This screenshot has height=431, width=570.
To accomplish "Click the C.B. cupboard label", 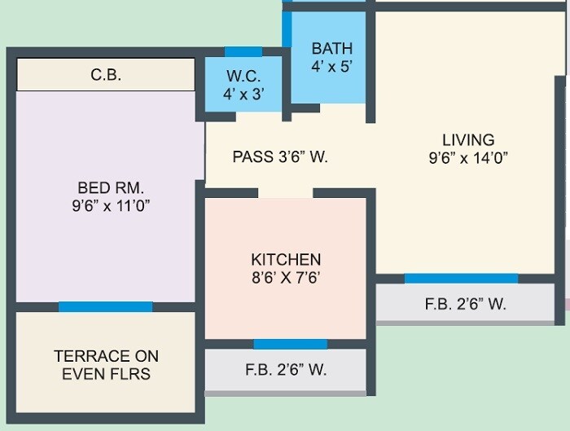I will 106,76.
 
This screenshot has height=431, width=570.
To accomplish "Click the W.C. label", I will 243,77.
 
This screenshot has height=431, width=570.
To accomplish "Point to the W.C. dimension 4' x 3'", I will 243,94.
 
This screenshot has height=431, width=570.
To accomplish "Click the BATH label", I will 331,49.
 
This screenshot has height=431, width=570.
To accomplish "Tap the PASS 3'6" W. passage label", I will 280,156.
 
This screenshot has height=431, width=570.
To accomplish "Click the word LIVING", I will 468,139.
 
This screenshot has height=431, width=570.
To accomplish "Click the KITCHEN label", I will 286,259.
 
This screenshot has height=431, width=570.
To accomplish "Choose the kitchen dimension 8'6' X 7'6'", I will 286,277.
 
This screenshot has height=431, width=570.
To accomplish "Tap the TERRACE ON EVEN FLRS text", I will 107,365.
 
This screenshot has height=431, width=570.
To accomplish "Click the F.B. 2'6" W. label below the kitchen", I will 286,369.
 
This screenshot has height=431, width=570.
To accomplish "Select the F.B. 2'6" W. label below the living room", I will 466,305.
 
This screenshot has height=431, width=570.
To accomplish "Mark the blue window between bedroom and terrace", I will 105,307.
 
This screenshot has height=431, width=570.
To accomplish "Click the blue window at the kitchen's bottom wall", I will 290,345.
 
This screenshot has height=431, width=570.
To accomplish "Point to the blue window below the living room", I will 461,279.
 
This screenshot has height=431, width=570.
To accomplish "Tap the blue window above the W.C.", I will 243,51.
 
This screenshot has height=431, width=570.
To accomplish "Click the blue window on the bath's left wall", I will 287,29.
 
